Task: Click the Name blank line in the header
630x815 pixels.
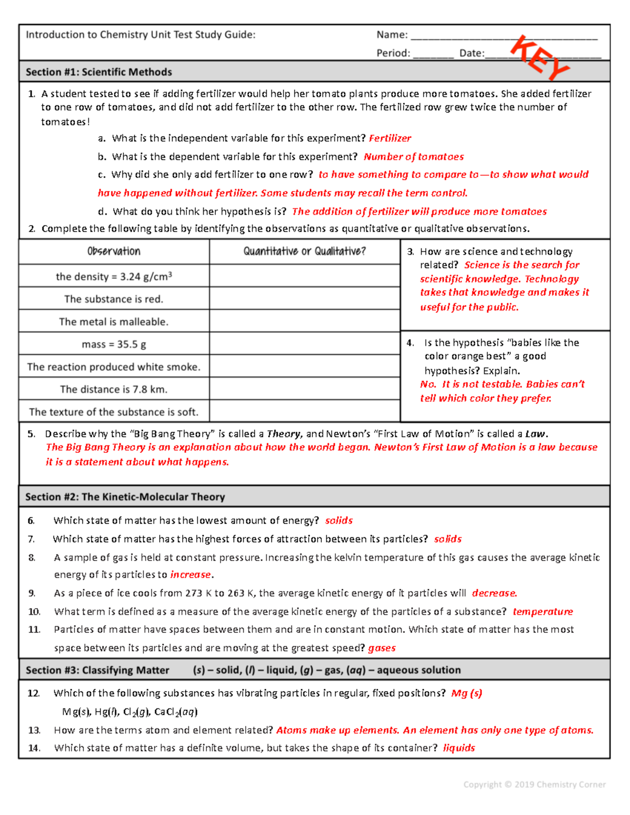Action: [x=503, y=37]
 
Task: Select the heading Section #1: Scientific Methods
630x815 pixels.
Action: [x=99, y=72]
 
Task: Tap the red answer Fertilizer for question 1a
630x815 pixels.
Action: [x=390, y=138]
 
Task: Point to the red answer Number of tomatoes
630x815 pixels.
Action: [x=414, y=157]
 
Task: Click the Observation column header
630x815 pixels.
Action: [x=114, y=251]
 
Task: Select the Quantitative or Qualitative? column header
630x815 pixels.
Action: [x=304, y=251]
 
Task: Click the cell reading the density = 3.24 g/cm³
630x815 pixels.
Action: [x=114, y=276]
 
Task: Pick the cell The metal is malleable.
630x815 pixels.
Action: [x=114, y=322]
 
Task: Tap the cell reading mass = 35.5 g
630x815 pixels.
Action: [x=114, y=344]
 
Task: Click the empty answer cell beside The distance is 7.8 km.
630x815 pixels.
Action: [x=304, y=389]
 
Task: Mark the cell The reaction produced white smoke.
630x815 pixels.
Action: [x=114, y=367]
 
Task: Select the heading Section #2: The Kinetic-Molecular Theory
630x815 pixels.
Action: [x=125, y=496]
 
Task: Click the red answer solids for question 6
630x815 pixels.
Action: [x=339, y=521]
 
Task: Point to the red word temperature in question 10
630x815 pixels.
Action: [x=542, y=611]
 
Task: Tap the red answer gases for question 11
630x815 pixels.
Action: [x=382, y=648]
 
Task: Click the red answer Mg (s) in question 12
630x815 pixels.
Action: [x=466, y=693]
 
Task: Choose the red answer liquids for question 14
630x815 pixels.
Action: [x=458, y=748]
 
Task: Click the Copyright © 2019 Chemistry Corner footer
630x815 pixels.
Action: [x=534, y=785]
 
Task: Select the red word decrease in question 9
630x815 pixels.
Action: [x=494, y=593]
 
